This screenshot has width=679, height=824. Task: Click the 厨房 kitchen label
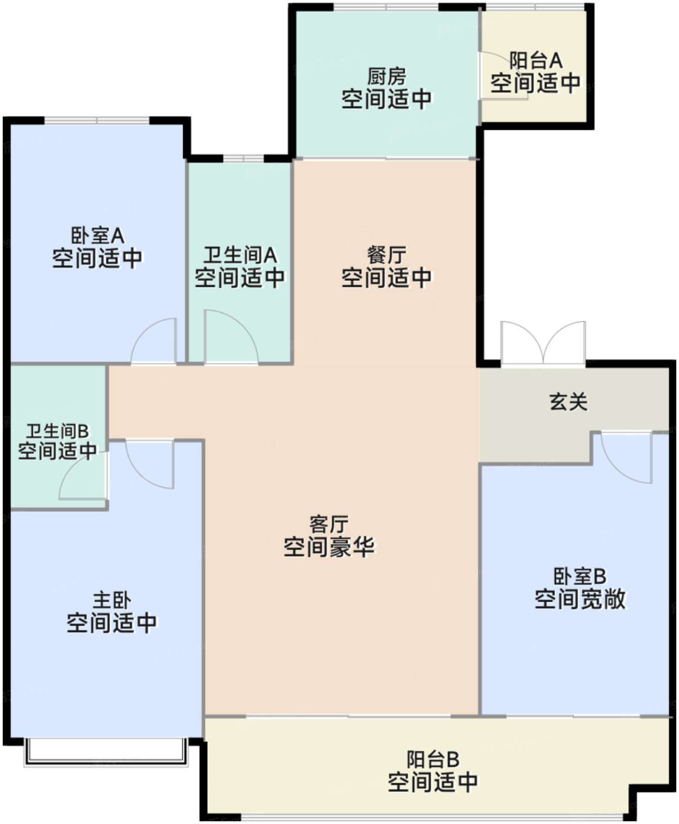[387, 77]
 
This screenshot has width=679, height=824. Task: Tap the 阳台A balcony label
[535, 60]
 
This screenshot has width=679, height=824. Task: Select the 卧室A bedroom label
[97, 235]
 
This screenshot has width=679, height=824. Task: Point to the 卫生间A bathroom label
[240, 255]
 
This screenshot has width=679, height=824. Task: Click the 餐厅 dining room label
[387, 255]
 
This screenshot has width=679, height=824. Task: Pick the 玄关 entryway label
[568, 402]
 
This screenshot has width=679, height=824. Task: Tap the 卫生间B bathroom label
[57, 431]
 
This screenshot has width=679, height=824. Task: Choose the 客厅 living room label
[329, 523]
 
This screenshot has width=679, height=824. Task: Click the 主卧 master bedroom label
[112, 600]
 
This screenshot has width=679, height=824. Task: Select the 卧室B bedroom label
[580, 576]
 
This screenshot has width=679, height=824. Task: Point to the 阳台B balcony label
[432, 759]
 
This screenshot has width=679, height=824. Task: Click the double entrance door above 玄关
[542, 343]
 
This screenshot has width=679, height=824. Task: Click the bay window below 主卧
[106, 752]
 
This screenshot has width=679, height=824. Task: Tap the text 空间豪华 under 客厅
[329, 547]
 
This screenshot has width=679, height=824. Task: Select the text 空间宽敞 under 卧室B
[580, 599]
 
